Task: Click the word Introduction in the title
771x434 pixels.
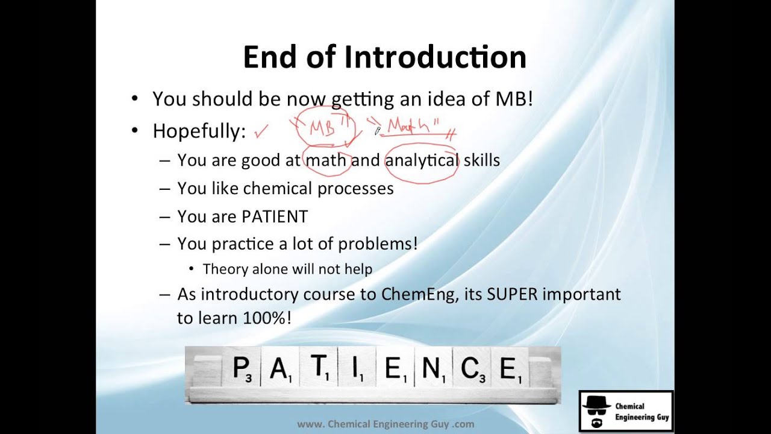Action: pos(435,57)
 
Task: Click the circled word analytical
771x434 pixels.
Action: pos(422,160)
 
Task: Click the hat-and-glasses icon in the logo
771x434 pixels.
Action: pos(596,411)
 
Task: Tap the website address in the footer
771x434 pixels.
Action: pos(385,424)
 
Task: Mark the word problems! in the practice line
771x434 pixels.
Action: pos(378,244)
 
